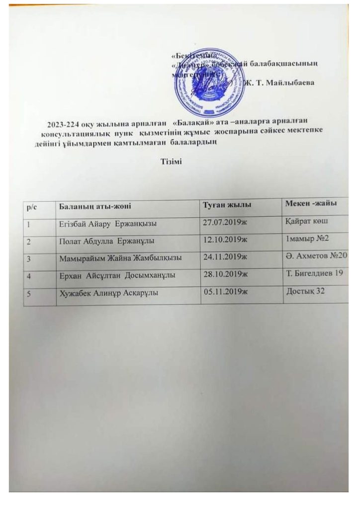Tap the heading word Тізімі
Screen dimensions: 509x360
coord(172,162)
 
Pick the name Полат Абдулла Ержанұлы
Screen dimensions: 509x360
coord(106,242)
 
